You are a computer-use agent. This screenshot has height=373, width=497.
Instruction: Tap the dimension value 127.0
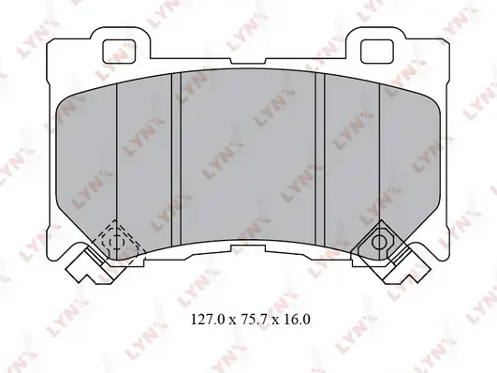pos(208,320)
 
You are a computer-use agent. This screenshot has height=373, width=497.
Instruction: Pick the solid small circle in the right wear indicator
pos(379,243)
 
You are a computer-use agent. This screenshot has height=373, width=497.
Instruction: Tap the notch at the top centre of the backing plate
pos(248,61)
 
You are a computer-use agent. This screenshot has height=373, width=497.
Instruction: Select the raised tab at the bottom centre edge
pos(248,247)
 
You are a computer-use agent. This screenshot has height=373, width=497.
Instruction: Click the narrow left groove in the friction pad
pos(176,158)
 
